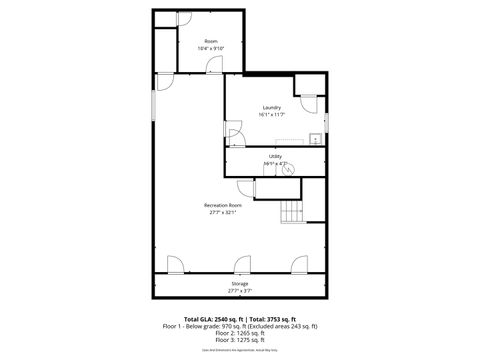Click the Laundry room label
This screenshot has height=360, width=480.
click(271, 107)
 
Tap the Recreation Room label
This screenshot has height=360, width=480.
click(222, 205)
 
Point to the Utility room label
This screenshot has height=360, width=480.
click(275, 155)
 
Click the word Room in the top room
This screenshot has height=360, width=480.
click(211, 41)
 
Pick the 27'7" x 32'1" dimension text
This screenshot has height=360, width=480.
click(222, 212)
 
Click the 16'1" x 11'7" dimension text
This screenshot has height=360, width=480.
click(271, 114)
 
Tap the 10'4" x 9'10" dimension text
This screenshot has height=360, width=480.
click(211, 48)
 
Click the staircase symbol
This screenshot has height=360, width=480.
click(292, 212)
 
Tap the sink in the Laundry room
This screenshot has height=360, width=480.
click(314, 139)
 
